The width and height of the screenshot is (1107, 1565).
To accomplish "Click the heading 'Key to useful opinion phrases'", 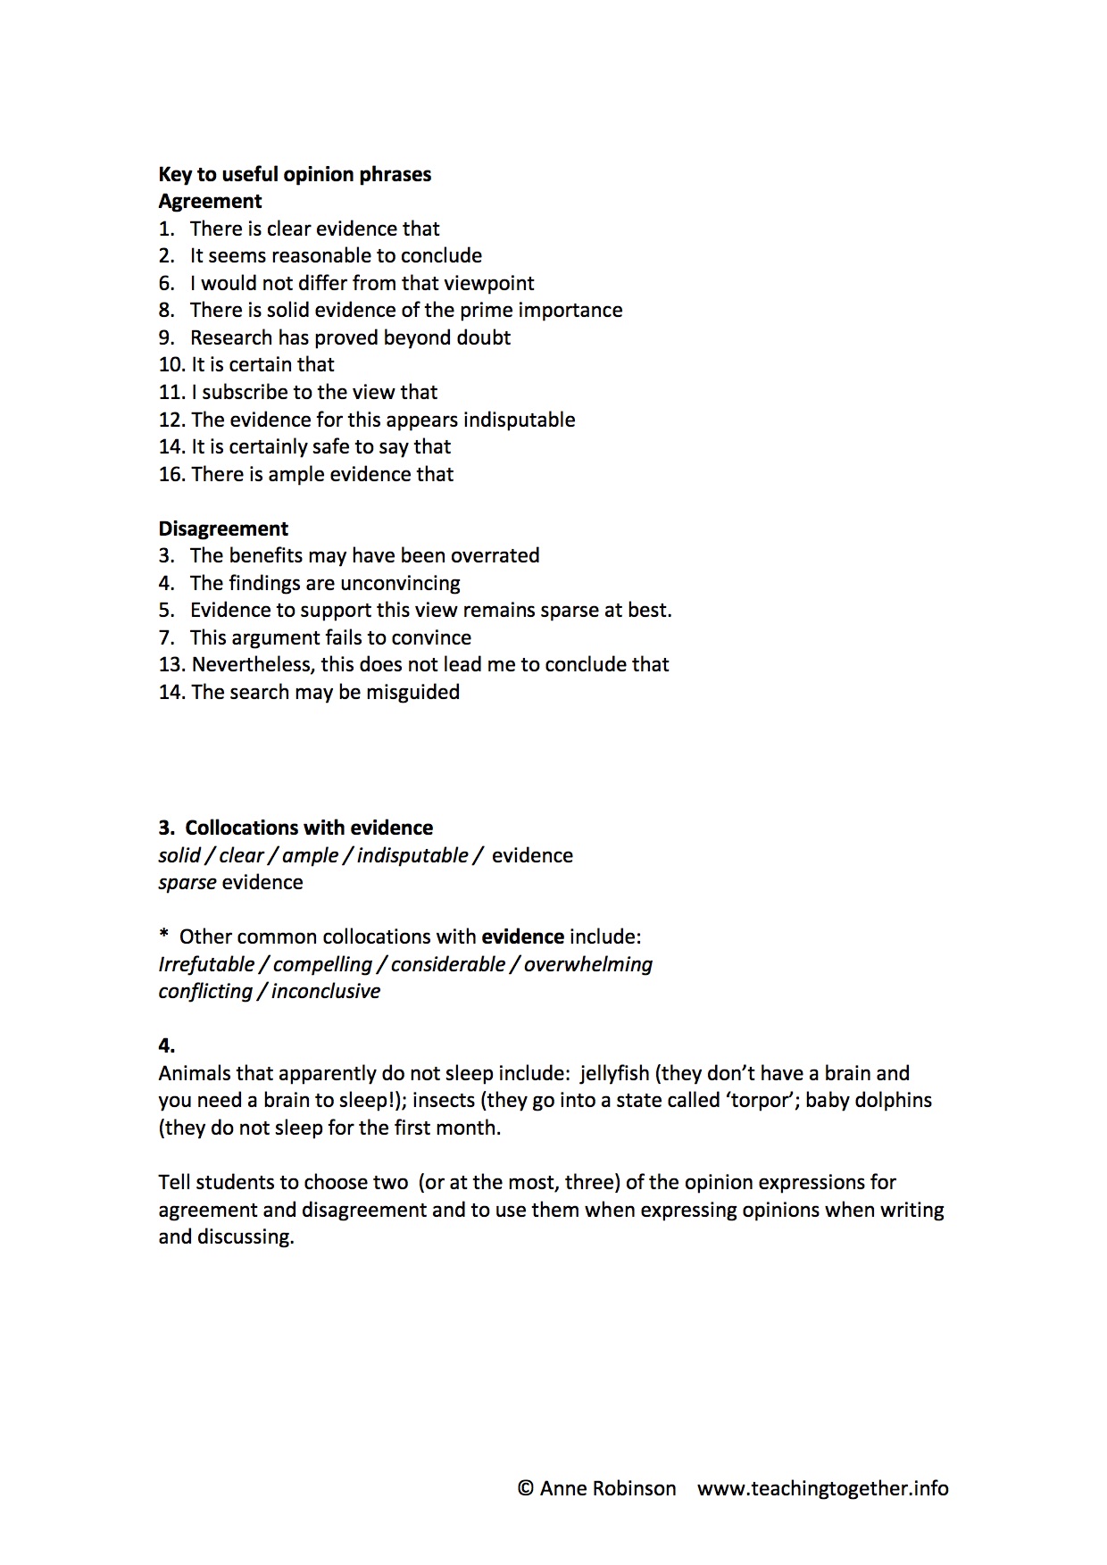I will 295,174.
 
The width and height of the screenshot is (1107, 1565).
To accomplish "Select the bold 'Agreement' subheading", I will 210,202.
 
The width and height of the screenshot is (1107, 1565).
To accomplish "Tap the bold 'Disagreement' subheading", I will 223,529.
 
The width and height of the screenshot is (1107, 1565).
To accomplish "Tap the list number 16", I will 171,474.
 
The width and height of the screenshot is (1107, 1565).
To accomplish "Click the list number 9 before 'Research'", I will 166,337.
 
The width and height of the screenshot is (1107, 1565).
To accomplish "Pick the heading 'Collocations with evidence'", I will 309,828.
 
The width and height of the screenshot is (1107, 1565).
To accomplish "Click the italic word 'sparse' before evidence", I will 187,882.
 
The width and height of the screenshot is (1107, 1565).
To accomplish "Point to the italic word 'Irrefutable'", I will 206,964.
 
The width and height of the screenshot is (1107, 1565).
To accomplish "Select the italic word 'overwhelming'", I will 588,964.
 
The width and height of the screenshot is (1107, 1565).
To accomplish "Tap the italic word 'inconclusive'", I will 326,991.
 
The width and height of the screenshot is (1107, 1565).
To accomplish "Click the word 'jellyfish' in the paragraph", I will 614,1073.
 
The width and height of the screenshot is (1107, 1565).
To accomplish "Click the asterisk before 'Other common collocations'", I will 163,936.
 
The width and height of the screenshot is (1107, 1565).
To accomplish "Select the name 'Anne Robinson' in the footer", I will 608,1488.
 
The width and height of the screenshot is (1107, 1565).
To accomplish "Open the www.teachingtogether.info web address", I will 822,1488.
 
